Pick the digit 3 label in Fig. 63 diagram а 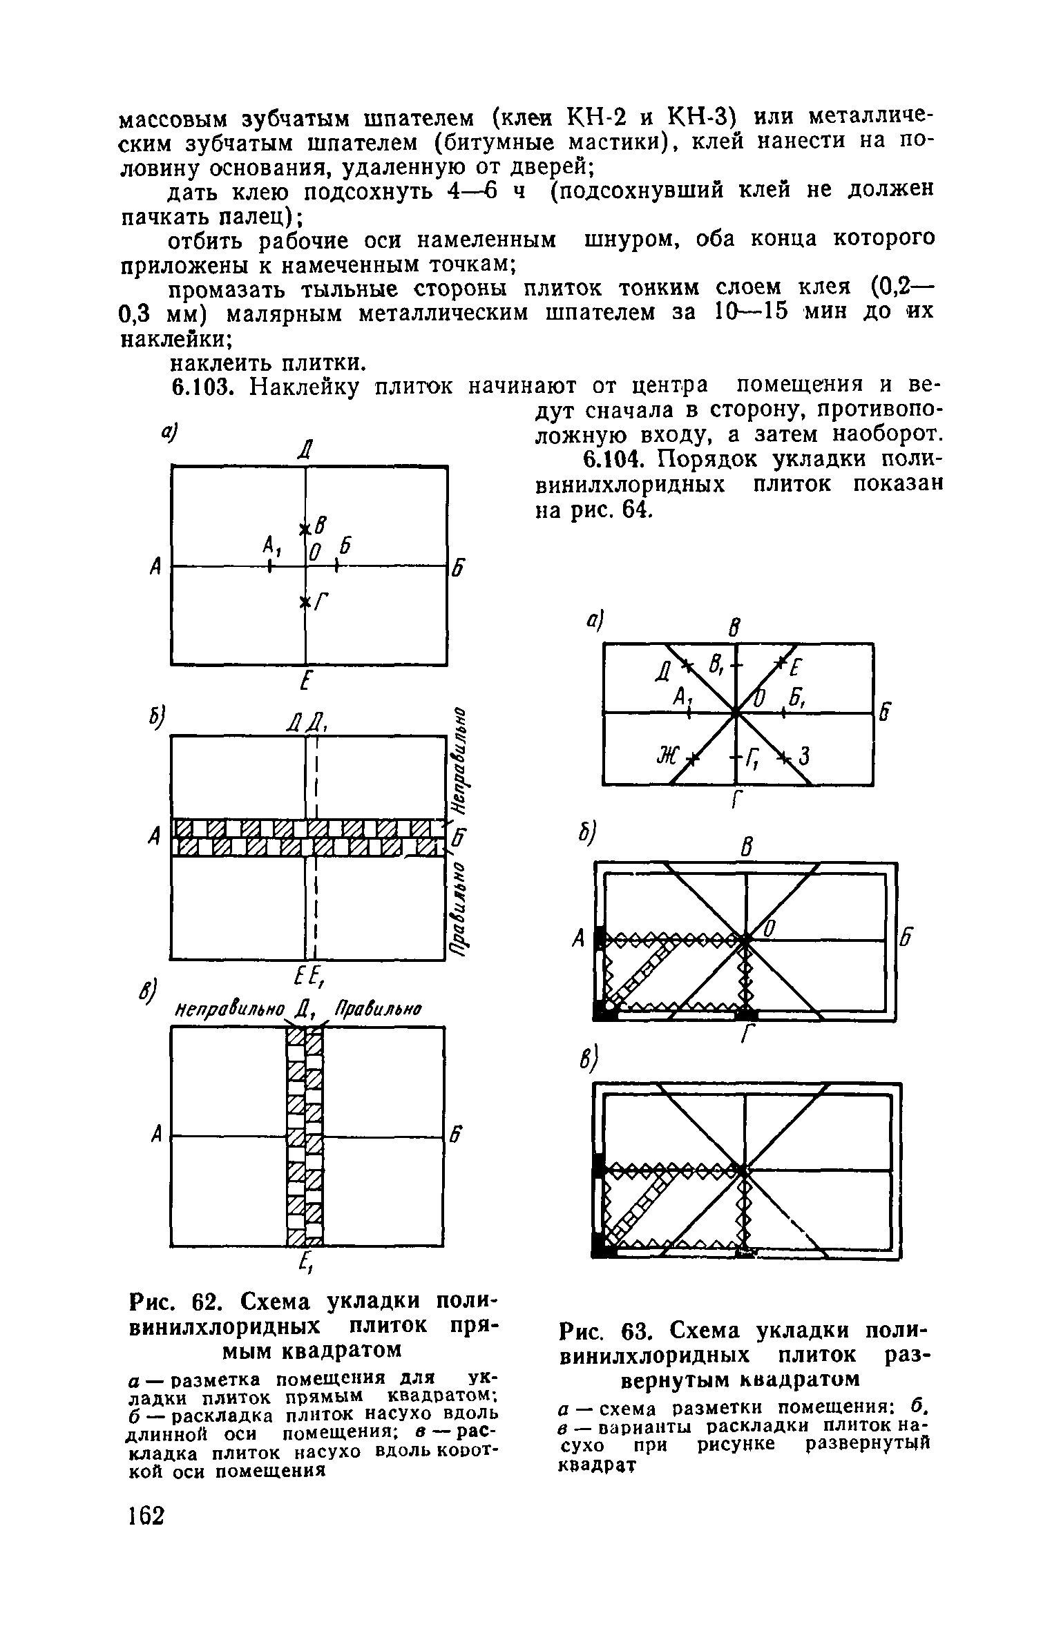[x=803, y=757]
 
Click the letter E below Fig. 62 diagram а [x=304, y=683]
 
